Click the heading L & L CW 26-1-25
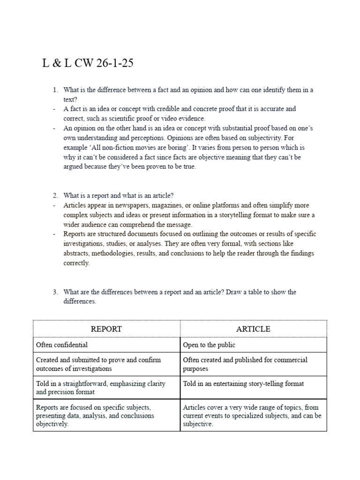tap(88, 63)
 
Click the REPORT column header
tap(106, 329)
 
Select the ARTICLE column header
tap(253, 329)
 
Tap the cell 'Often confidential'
tap(62, 345)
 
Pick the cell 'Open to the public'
tap(209, 345)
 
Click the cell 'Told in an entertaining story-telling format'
tap(243, 383)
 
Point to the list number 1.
tap(54, 90)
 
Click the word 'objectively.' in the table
tap(52, 424)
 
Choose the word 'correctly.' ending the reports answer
tap(76, 263)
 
